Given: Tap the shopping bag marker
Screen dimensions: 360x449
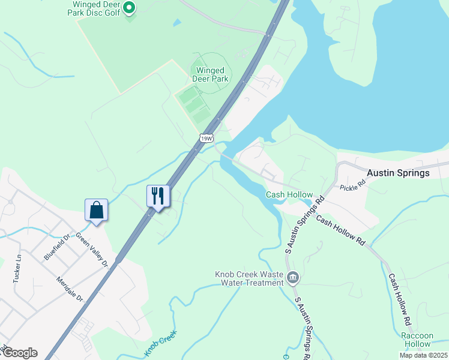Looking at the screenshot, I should [x=96, y=210].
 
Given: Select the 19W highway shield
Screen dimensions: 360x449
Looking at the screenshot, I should [x=206, y=138].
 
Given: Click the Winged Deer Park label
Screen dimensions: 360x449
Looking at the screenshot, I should [x=210, y=74].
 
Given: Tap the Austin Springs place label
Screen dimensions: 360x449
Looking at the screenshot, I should [x=398, y=173].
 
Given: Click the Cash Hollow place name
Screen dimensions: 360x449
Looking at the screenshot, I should [x=289, y=194].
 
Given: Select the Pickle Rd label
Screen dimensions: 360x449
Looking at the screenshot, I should [x=353, y=185].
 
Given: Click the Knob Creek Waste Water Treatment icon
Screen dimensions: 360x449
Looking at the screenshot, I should [x=293, y=277].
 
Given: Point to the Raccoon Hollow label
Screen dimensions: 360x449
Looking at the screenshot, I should [x=417, y=340].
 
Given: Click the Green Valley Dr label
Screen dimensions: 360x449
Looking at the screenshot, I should [x=91, y=250].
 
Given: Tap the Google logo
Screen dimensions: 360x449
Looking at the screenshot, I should [x=20, y=353].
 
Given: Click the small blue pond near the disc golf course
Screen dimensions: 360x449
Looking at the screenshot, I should [x=176, y=23].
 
